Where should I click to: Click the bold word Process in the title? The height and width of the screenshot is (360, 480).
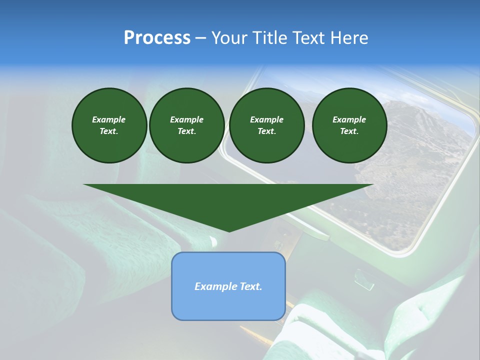tap(157, 38)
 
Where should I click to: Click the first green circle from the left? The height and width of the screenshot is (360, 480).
tap(109, 125)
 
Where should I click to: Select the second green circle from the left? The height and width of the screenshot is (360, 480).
tap(186, 125)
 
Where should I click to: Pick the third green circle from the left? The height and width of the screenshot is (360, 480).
tap(266, 125)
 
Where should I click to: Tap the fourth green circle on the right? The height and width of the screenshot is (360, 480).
tap(349, 125)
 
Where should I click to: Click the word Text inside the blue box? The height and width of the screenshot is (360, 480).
tap(250, 286)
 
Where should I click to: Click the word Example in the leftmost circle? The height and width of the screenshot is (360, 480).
tap(109, 119)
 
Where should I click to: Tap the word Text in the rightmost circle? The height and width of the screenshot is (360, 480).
tap(349, 131)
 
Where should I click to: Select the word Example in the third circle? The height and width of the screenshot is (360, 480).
tap(266, 119)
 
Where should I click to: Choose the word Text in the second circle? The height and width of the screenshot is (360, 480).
tap(186, 131)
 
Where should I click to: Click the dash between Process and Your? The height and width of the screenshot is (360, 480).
tap(201, 38)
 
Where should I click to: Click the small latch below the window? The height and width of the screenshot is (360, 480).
tap(364, 280)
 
